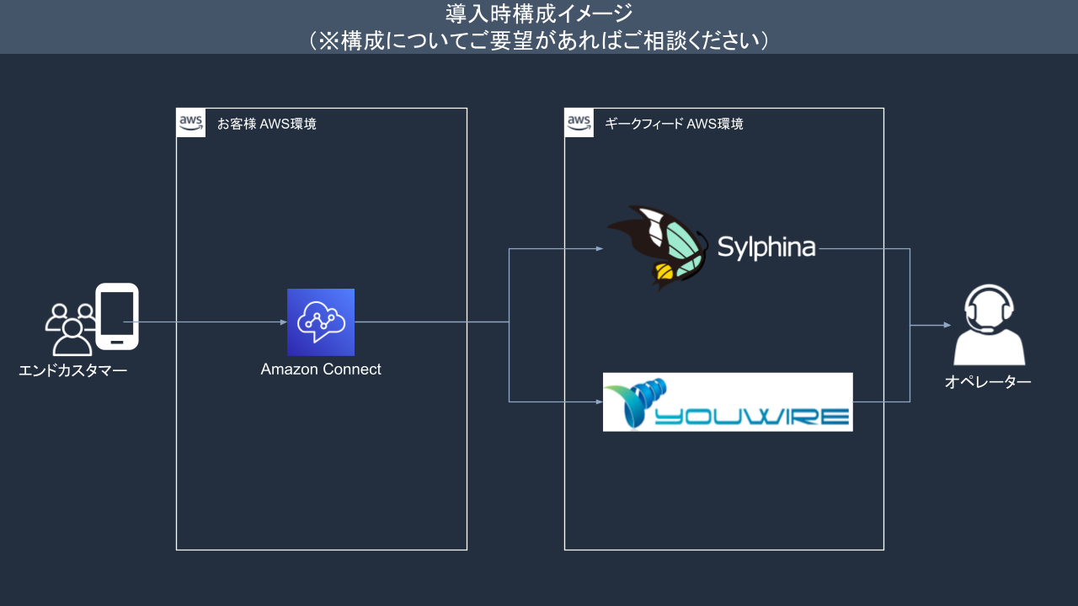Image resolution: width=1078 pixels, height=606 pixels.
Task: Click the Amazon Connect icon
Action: pos(320,322)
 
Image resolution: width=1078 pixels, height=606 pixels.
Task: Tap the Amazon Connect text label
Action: pos(321,369)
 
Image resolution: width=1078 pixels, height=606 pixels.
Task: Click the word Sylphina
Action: pos(766,247)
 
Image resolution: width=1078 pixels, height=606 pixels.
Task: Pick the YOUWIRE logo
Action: pos(728,402)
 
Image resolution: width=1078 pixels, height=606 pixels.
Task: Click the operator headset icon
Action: pos(989,324)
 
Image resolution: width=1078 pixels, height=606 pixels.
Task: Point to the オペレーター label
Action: pos(988,382)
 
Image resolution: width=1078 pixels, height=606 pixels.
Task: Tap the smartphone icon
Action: pos(117,316)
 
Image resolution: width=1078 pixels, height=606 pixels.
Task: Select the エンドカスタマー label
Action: pos(73,369)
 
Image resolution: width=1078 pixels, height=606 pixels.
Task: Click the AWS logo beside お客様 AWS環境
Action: pos(191,123)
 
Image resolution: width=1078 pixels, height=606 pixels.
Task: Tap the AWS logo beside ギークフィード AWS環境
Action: pos(579,123)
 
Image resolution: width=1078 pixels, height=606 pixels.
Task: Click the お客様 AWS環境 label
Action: pos(267,125)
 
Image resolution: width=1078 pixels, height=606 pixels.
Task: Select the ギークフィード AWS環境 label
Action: pos(674,125)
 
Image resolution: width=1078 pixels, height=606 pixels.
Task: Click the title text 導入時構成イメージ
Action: pos(538,13)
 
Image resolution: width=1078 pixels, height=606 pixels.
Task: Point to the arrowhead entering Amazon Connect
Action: pos(283,322)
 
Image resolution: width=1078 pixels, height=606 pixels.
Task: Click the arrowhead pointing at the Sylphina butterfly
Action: pos(600,248)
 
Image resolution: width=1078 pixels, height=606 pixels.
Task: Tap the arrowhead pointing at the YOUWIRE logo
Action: pos(600,402)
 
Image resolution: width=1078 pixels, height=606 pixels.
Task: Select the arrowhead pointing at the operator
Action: pos(947,325)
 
